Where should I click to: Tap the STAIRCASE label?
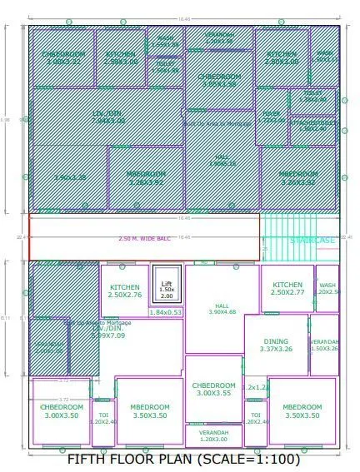pos(312,241)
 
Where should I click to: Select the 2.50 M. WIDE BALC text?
pos(144,239)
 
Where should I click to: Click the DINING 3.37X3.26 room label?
pos(276,345)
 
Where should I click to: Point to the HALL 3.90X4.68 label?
pos(221,309)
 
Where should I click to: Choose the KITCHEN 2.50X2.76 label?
pos(125,291)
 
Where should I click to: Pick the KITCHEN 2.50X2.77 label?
pos(287,288)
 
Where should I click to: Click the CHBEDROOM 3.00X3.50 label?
pos(61,410)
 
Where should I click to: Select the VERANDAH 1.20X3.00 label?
pos(213,436)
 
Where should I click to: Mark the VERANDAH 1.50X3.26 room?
pos(325,345)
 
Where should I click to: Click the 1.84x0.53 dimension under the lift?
pos(166,312)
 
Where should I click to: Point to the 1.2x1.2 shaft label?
pos(254,387)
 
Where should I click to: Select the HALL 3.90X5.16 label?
pos(222,161)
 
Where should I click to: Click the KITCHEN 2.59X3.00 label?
pos(121,57)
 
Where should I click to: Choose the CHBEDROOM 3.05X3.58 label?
pos(218,80)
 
